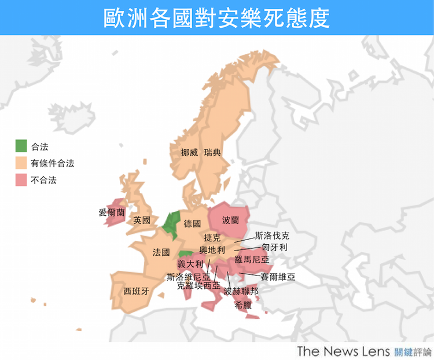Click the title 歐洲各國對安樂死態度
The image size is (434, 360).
(x=217, y=18)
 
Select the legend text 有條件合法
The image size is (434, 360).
(x=53, y=164)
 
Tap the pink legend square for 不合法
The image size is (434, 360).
(x=21, y=180)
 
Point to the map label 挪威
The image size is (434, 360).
(x=189, y=153)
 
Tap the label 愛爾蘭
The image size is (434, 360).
(x=112, y=212)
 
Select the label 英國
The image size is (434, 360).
(x=142, y=220)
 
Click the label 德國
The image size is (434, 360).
(x=192, y=223)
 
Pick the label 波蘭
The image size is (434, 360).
(x=230, y=221)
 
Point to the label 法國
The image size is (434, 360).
(x=161, y=252)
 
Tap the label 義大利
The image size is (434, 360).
(x=190, y=264)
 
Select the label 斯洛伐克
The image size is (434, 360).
(x=273, y=236)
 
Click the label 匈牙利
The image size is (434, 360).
(x=274, y=248)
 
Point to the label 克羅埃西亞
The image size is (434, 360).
(x=198, y=285)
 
